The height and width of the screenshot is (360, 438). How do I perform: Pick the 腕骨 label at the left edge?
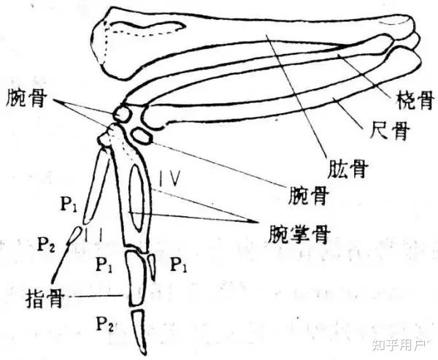pyautogui.click(x=27, y=97)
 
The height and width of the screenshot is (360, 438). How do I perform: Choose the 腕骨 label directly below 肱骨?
pyautogui.click(x=301, y=195)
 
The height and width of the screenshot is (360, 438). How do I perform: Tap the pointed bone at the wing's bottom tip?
pyautogui.click(x=139, y=329)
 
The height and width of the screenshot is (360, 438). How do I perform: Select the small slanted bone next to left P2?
pyautogui.click(x=74, y=235)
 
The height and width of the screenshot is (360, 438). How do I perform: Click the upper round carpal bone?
pyautogui.click(x=122, y=115)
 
